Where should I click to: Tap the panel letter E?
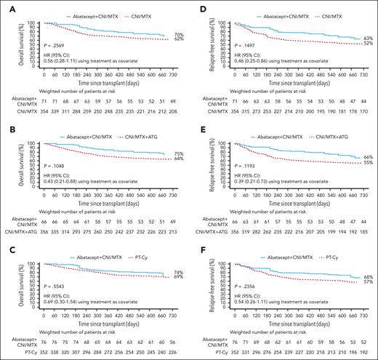pos(197,128)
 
